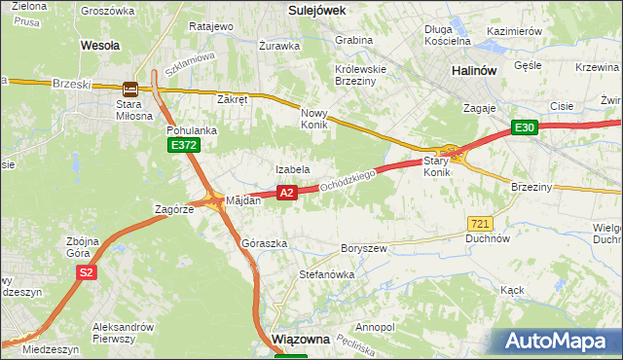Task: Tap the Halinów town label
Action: [x=475, y=71]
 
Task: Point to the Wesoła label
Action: [x=100, y=45]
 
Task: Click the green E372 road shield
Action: [x=182, y=145]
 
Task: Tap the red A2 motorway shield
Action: [x=286, y=193]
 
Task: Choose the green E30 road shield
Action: [x=525, y=127]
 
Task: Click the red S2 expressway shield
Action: [x=87, y=273]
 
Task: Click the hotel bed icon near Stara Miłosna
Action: [x=130, y=87]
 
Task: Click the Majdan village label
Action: [x=243, y=200]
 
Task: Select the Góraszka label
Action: [x=264, y=243]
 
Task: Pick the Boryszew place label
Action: [x=364, y=249]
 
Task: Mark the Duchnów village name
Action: [x=488, y=238]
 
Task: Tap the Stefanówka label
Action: [x=326, y=275]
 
